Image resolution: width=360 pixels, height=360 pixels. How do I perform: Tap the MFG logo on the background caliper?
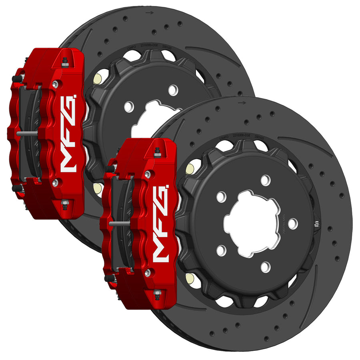68,132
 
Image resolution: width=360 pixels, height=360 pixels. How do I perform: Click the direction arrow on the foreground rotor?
242,103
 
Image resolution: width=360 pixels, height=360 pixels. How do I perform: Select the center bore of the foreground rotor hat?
250,224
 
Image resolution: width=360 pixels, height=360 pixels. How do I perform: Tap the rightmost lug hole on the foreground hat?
293,224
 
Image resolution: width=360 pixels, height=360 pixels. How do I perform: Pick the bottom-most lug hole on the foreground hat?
265,266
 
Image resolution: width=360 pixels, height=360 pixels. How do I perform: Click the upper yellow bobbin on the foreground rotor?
190,169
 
